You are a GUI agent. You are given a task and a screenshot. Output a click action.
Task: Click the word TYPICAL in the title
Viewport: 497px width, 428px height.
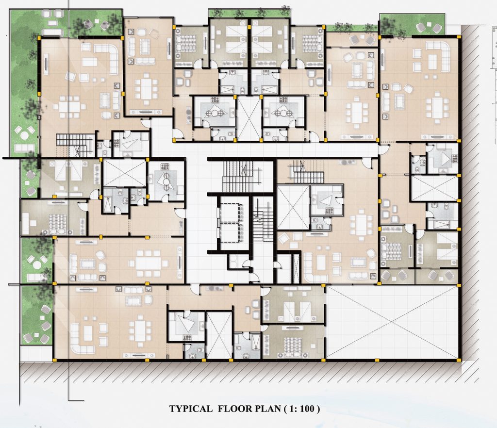pos(191,409)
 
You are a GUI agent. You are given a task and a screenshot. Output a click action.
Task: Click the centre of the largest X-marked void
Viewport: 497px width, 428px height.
pos(392,322)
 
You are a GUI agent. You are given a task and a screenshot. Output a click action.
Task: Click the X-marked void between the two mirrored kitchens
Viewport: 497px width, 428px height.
pos(249,118)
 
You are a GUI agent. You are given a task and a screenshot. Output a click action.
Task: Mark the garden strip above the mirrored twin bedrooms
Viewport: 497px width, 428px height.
pos(249,13)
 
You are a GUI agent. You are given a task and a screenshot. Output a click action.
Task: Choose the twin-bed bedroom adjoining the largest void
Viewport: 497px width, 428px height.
pos(293,304)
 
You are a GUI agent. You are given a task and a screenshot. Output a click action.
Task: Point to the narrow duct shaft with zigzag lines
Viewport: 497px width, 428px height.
pos(297,268)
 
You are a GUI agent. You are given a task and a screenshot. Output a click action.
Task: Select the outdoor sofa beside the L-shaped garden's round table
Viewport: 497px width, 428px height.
pos(24,148)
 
